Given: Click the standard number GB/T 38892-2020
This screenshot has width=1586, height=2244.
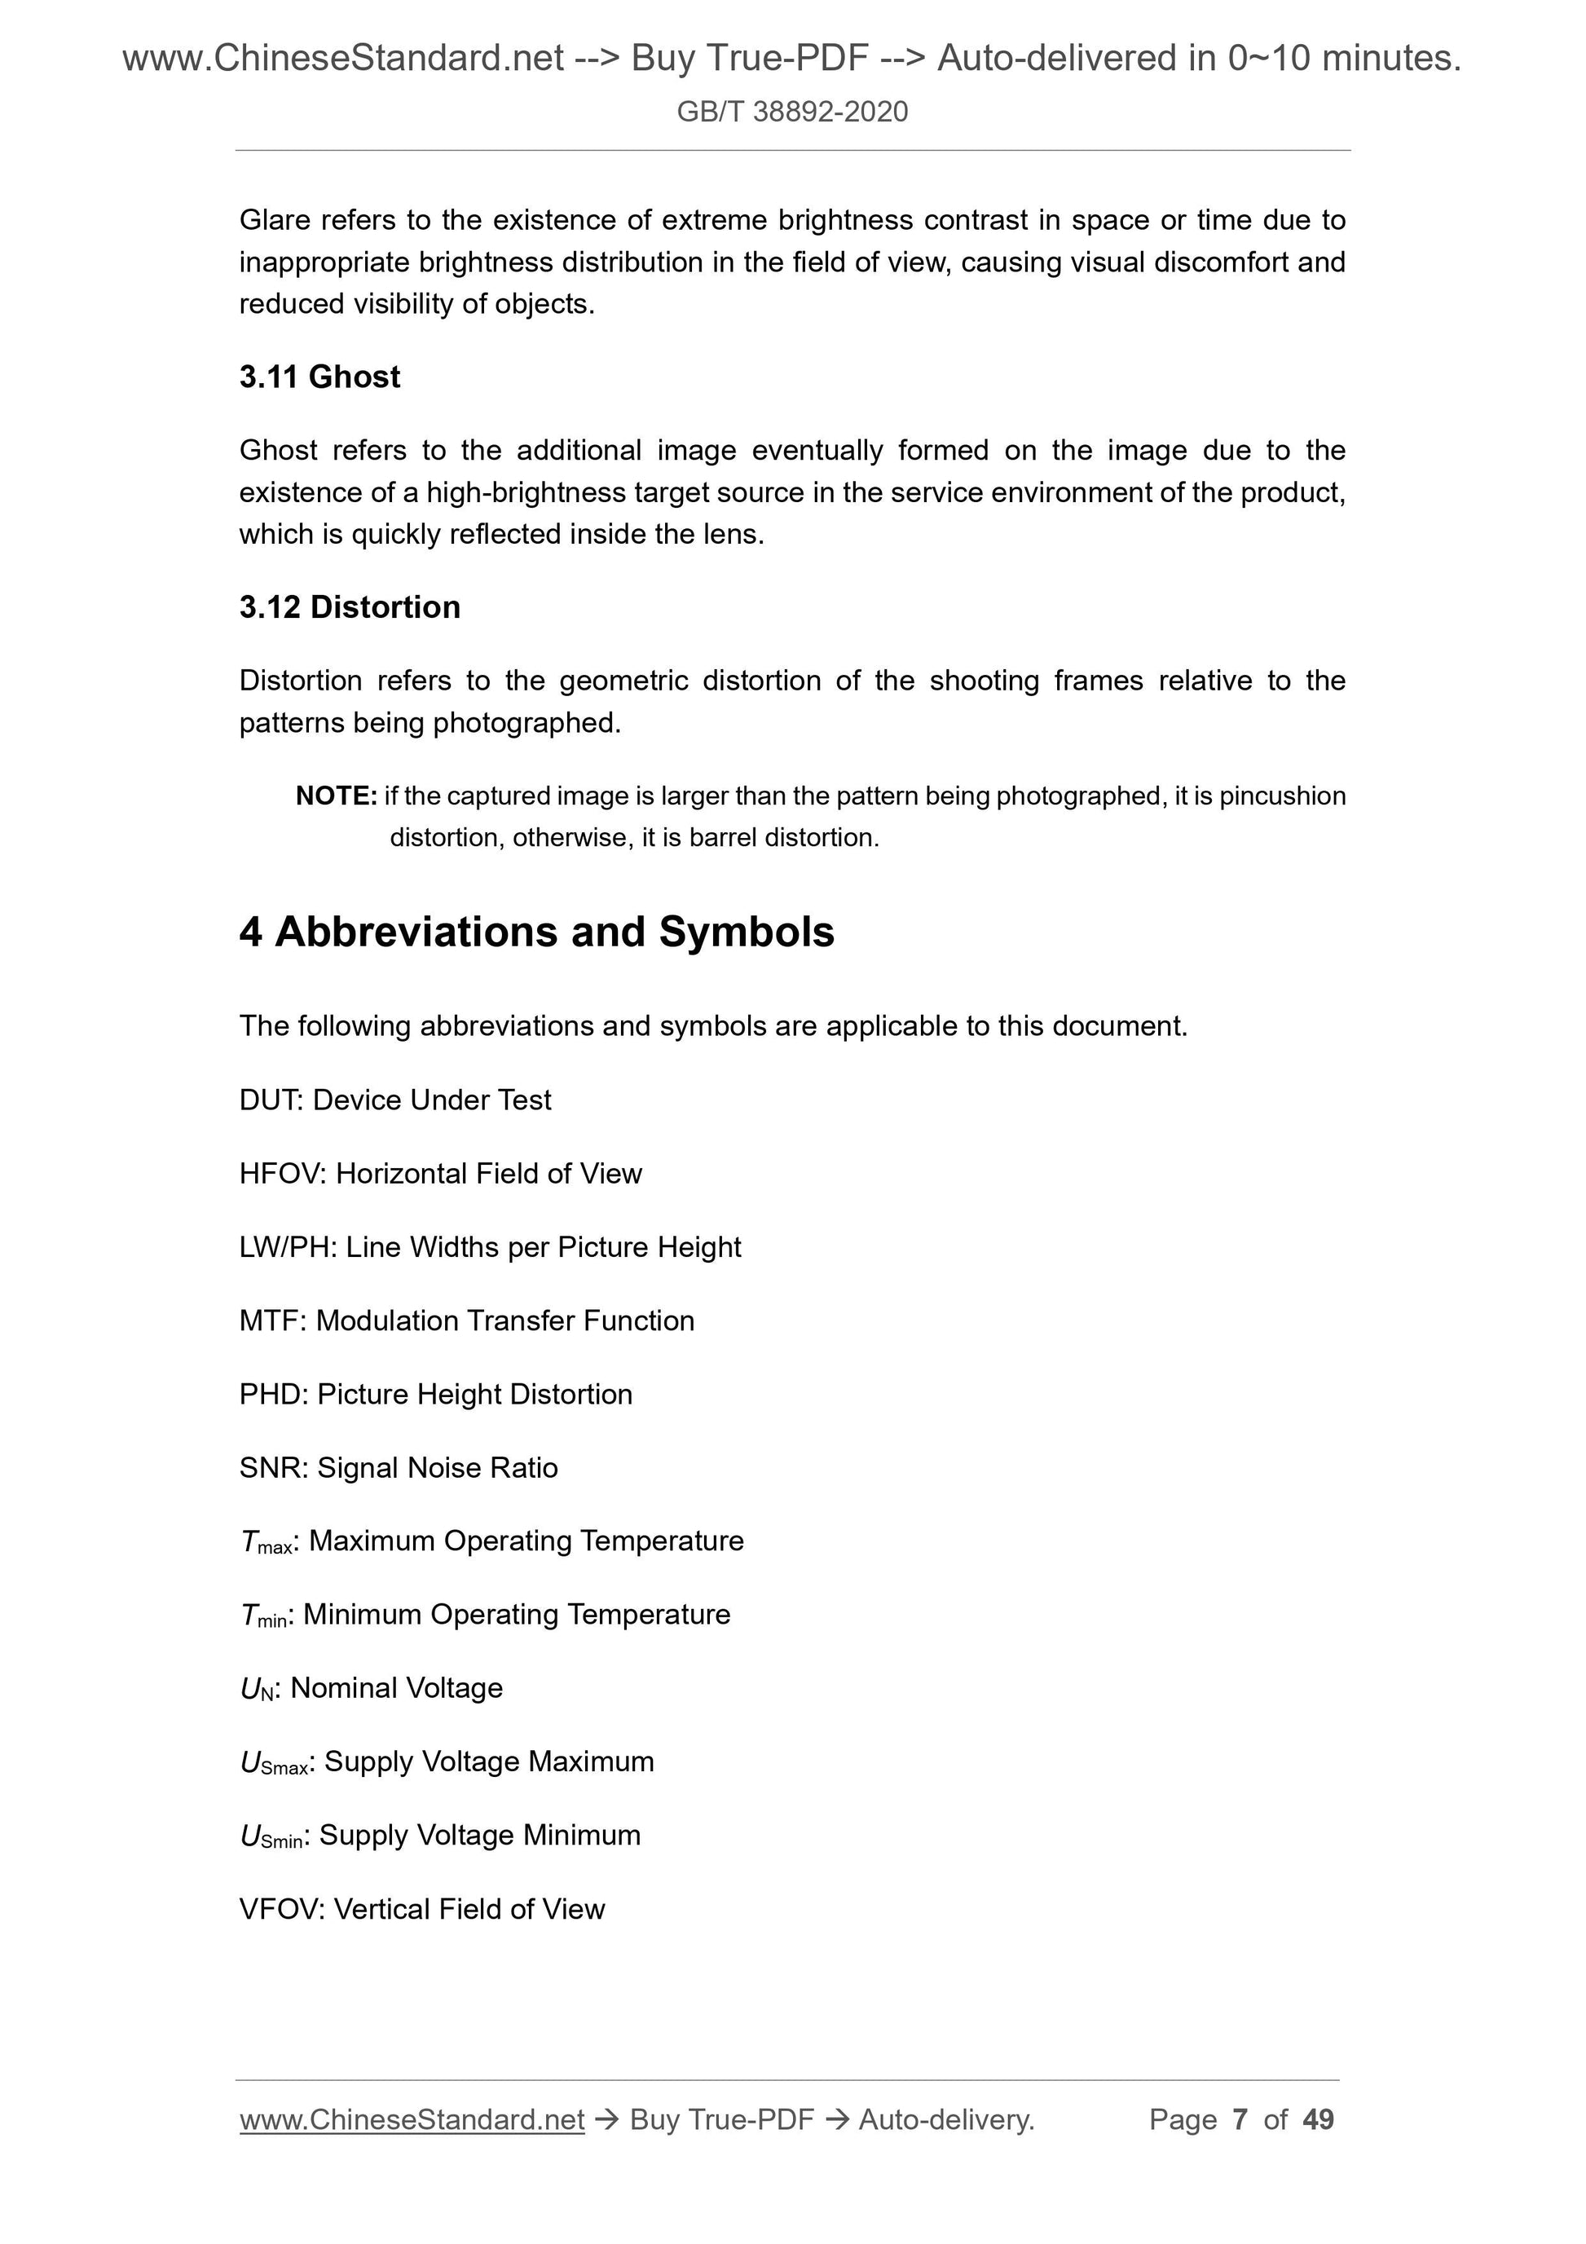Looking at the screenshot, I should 791,112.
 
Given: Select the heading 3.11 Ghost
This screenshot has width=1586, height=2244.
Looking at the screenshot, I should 319,377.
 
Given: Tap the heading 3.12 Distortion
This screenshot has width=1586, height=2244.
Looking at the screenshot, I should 349,607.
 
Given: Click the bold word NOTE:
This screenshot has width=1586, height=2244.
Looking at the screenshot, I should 335,796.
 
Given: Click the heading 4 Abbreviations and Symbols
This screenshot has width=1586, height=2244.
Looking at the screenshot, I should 536,932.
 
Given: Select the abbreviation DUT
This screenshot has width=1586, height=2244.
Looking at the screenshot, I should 271,1100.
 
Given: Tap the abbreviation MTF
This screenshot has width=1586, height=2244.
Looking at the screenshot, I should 271,1320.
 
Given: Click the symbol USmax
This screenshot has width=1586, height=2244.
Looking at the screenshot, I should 274,1762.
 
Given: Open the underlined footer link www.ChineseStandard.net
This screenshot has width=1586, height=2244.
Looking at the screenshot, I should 412,2119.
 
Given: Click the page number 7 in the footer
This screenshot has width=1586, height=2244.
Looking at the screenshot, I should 1240,2119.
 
